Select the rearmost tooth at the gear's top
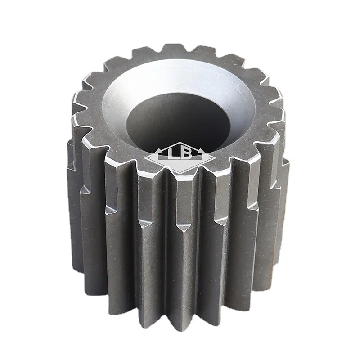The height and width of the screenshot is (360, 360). pyautogui.click(x=173, y=49)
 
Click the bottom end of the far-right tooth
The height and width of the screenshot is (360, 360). pyautogui.click(x=283, y=256)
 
